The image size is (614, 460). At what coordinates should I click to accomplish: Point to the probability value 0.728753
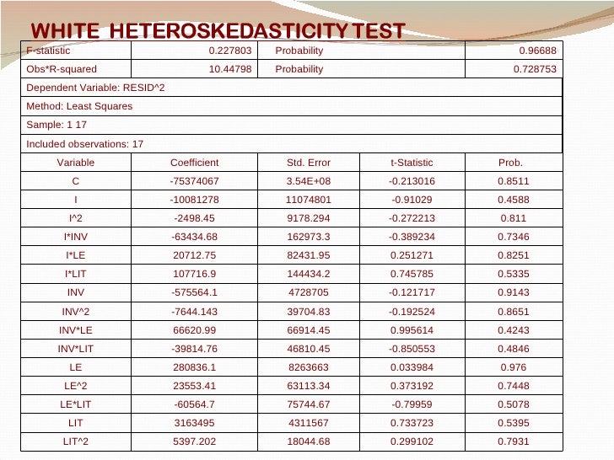(x=535, y=69)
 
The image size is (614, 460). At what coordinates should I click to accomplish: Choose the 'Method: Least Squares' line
(x=79, y=106)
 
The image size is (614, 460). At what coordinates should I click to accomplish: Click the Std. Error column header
(x=309, y=163)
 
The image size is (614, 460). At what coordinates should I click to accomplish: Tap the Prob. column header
(x=511, y=163)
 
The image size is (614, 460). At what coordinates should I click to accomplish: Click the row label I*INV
(x=76, y=237)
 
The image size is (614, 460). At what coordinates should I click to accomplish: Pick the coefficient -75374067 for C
(x=195, y=180)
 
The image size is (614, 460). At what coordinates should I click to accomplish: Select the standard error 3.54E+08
(x=309, y=180)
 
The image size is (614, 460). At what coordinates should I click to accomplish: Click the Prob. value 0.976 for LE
(x=511, y=366)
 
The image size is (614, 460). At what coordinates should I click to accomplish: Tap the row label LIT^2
(x=76, y=441)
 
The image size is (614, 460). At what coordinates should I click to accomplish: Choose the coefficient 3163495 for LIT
(x=195, y=422)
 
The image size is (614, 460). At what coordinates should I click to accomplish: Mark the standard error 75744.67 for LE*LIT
(x=309, y=404)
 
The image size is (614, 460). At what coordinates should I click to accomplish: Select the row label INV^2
(x=76, y=311)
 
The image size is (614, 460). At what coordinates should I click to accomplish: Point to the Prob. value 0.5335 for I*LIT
(x=511, y=274)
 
